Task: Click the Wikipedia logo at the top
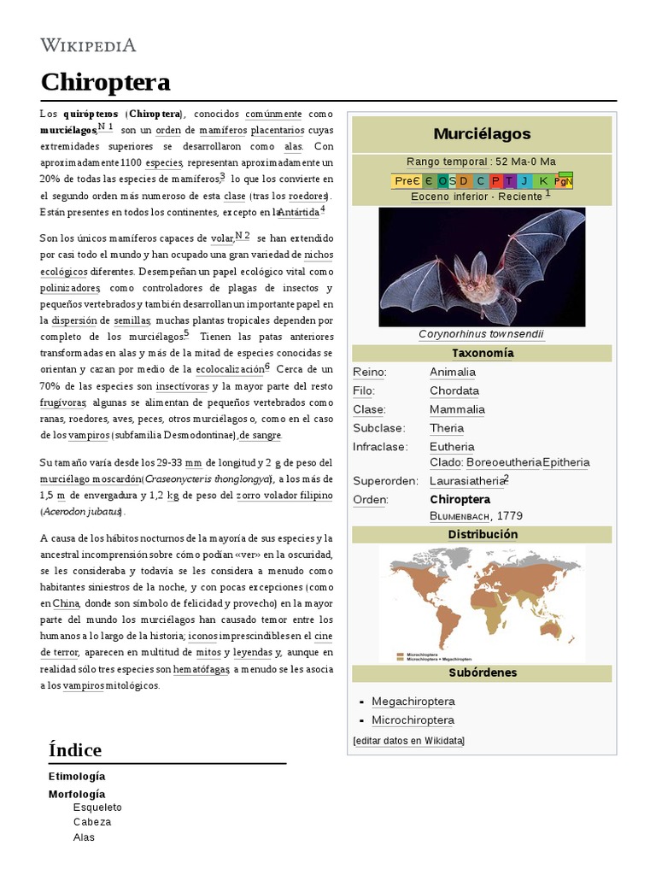[x=88, y=44]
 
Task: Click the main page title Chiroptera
[x=105, y=82]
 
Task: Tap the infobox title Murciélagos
[x=482, y=133]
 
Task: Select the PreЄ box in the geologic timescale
[x=407, y=180]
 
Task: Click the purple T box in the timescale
[x=509, y=180]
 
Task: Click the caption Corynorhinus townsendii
[x=481, y=334]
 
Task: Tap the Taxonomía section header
[x=482, y=353]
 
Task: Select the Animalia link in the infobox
[x=453, y=372]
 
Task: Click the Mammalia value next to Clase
[x=457, y=409]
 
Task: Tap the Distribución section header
[x=482, y=534]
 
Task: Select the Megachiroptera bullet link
[x=413, y=702]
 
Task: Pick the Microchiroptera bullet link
[x=413, y=720]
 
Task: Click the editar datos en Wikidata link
[x=408, y=741]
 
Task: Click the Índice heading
[x=75, y=749]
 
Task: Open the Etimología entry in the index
[x=77, y=776]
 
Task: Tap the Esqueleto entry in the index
[x=97, y=807]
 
